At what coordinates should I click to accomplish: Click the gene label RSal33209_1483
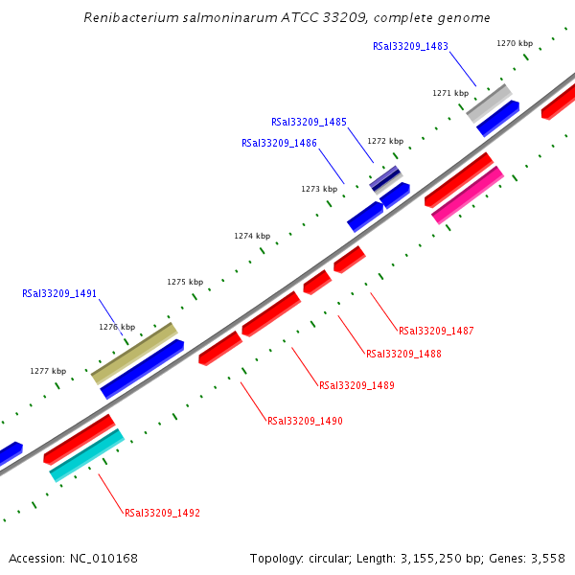[x=410, y=46]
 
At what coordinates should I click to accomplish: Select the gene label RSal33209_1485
[x=309, y=122]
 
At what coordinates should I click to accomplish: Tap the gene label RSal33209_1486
[x=279, y=143]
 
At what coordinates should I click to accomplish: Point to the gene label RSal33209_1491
[x=59, y=293]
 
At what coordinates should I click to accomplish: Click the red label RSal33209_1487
[x=436, y=331]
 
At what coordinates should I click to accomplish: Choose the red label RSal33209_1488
[x=403, y=354]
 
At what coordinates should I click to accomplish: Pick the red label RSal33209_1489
[x=356, y=385]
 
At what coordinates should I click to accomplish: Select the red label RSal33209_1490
[x=305, y=421]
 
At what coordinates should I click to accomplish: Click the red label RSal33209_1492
[x=162, y=513]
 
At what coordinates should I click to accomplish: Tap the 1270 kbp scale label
[x=515, y=43]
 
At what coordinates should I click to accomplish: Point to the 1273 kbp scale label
[x=319, y=189]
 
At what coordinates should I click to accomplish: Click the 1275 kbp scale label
[x=185, y=282]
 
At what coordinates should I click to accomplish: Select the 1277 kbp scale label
[x=48, y=371]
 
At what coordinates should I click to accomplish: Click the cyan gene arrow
[x=86, y=454]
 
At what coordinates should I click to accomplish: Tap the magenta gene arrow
[x=468, y=195]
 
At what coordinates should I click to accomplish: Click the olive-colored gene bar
[x=134, y=352]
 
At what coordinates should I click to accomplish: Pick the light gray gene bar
[x=489, y=103]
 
